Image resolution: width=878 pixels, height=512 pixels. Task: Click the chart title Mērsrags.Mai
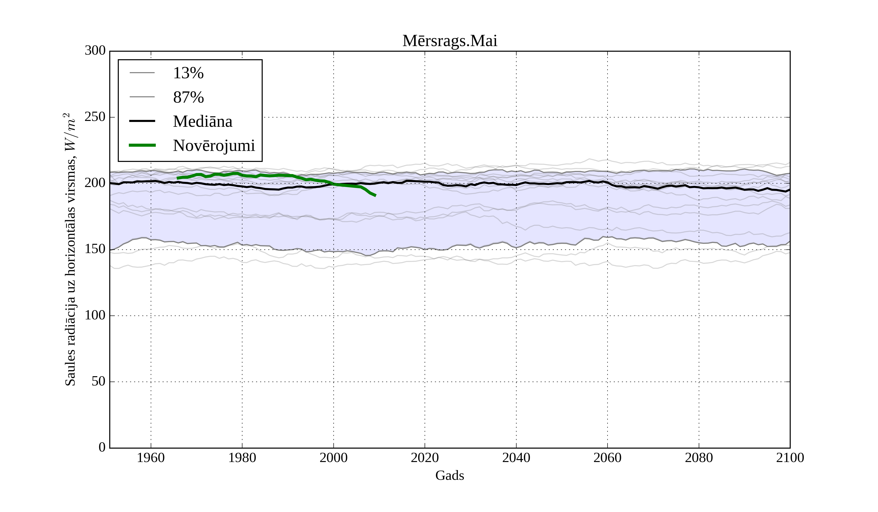tap(449, 41)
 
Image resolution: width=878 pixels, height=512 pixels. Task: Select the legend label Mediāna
tap(202, 122)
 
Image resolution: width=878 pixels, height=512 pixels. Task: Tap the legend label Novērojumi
tap(214, 146)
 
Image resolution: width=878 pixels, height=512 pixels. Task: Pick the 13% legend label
tap(188, 73)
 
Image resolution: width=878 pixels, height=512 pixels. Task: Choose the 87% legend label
tap(188, 98)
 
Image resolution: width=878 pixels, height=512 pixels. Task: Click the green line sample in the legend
tap(142, 145)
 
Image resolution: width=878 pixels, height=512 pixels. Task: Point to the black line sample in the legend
tap(142, 121)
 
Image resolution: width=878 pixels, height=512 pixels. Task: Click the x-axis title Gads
tap(449, 476)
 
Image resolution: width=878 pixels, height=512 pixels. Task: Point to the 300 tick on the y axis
tap(95, 51)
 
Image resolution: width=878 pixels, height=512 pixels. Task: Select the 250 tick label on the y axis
tap(95, 117)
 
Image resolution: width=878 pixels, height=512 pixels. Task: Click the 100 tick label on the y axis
tap(95, 315)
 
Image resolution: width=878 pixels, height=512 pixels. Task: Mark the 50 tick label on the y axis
tap(98, 382)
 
